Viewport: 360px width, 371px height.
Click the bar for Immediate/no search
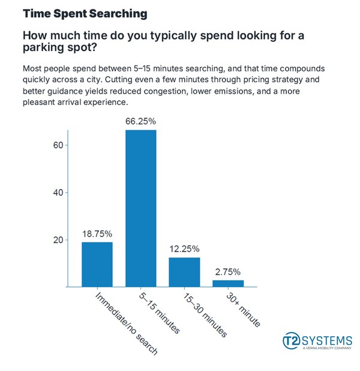pos(97,264)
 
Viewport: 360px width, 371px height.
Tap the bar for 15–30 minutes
pos(184,272)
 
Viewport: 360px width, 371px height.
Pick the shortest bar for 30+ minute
pos(228,283)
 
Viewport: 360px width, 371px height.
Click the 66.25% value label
pos(140,121)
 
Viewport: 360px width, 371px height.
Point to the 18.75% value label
pos(97,233)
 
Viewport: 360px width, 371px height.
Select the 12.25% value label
pos(184,249)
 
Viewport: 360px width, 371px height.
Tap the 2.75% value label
pos(228,271)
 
